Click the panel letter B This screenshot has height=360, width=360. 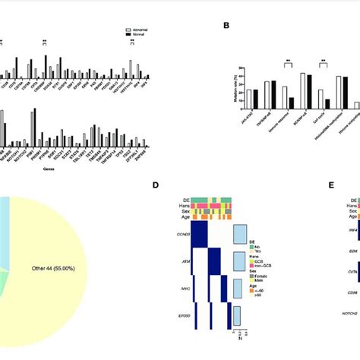[x=225, y=25]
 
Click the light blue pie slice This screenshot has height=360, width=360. [x=4, y=220]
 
